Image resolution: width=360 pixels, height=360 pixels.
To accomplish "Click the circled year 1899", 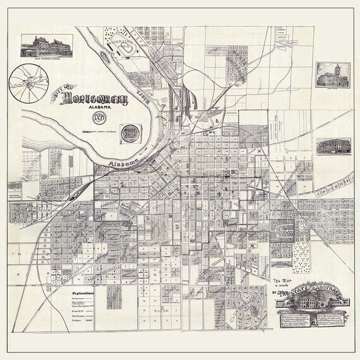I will pyautogui.click(x=100, y=119).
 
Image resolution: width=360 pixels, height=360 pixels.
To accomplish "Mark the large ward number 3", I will pyautogui.click(x=179, y=225).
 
